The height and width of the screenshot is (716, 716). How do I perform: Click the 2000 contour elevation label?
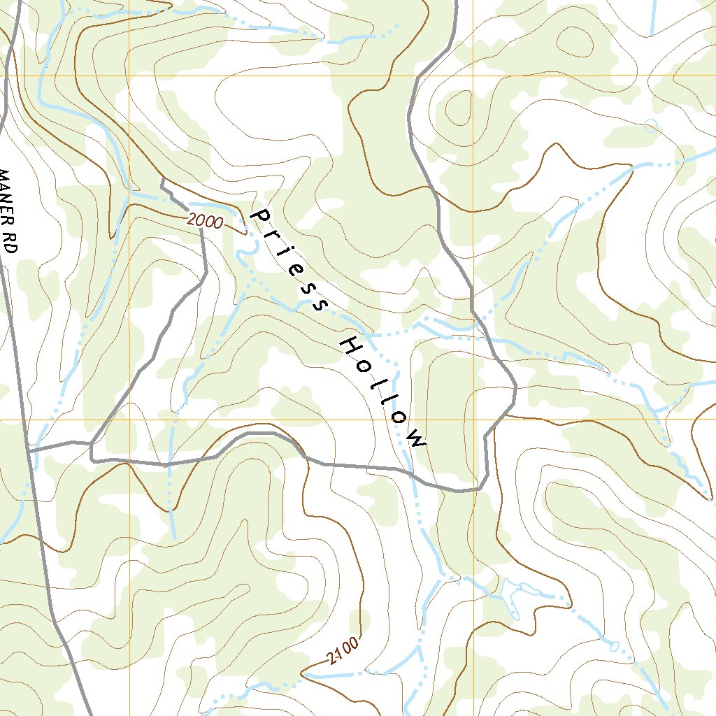(205, 221)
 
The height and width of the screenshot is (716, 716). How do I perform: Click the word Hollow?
(382, 392)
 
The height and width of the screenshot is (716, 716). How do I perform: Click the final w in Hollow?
(417, 441)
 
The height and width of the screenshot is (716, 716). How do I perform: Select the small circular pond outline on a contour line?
(651, 126)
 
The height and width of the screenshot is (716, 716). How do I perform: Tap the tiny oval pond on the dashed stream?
(614, 646)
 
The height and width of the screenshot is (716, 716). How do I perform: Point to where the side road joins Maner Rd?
(30, 451)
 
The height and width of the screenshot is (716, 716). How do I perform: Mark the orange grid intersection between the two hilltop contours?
(473, 76)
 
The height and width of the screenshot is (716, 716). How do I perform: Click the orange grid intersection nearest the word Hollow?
(473, 420)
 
